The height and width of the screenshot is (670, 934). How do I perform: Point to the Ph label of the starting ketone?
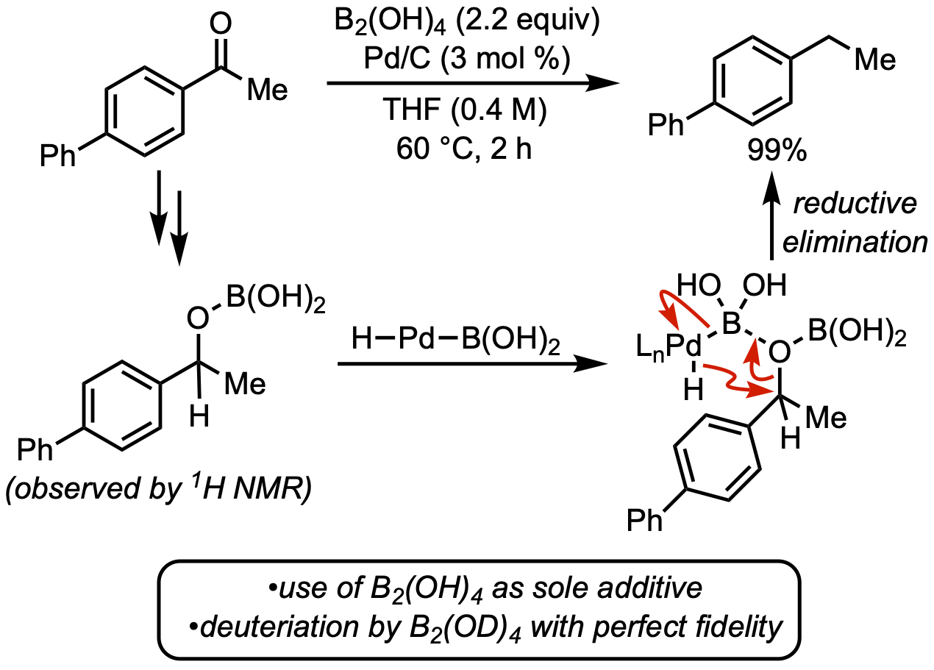[x=59, y=157]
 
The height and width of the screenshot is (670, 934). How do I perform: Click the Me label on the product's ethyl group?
[x=874, y=60]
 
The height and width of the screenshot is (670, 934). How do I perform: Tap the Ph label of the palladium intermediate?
[x=645, y=519]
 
